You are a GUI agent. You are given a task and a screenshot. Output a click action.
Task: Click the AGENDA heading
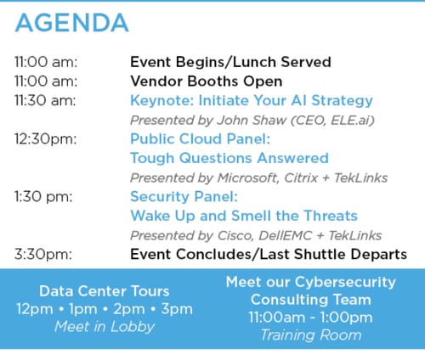[72, 23]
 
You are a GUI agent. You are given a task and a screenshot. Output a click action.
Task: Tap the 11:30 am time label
[45, 100]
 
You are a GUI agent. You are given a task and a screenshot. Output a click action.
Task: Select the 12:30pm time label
[46, 139]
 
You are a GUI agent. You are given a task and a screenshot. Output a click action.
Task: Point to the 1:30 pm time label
[43, 197]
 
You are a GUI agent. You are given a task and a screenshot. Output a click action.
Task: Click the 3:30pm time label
[43, 255]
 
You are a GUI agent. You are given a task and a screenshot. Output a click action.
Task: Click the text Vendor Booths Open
[207, 82]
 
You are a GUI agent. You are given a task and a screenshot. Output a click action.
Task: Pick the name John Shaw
[252, 121]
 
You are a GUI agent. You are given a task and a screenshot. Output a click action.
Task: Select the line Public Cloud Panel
[201, 139]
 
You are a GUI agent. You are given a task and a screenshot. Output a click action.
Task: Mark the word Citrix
[301, 178]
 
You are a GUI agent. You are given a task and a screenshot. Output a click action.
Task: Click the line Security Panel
[184, 196]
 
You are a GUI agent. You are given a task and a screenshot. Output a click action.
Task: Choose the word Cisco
[235, 236]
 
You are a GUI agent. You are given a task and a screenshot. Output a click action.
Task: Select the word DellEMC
[286, 236]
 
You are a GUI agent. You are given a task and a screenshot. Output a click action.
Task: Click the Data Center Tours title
[105, 291]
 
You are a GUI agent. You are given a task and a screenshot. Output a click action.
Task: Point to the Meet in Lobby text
[105, 327]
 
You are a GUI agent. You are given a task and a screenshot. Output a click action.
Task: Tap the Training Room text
[311, 335]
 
